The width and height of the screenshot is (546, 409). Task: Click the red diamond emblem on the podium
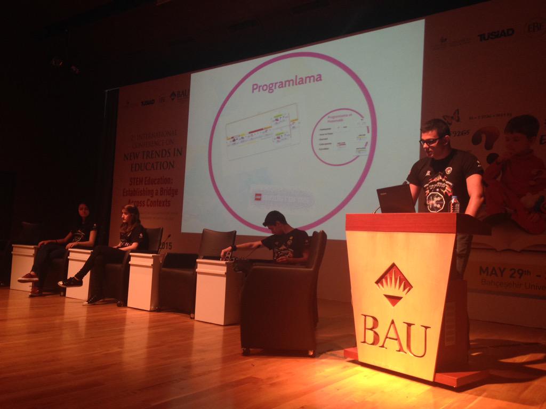click(394, 284)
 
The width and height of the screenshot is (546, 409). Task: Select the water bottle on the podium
click(454, 204)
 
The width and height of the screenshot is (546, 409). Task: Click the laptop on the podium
click(396, 199)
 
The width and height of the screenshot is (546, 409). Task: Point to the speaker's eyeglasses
click(430, 141)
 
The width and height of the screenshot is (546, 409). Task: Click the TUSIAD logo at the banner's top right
click(495, 35)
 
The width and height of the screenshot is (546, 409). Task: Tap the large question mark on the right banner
click(486, 143)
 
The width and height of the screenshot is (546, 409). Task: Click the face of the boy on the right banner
click(517, 136)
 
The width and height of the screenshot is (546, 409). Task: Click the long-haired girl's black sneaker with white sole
click(70, 282)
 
